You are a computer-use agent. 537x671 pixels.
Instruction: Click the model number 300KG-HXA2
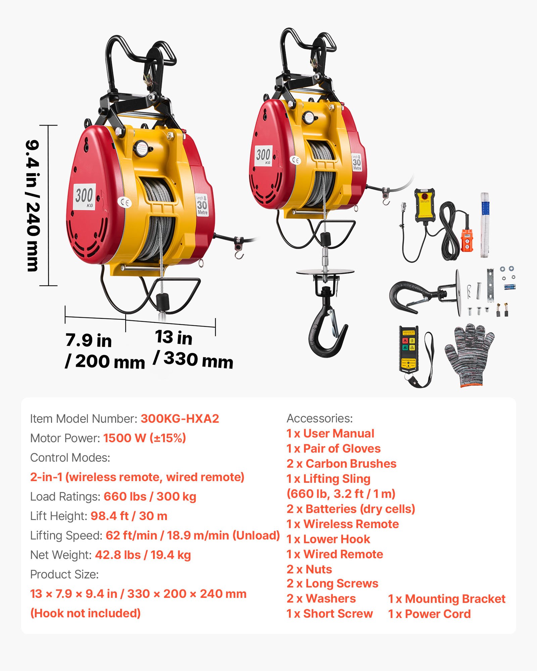pos(180,419)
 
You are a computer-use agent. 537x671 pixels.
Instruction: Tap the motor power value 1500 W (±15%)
pos(144,438)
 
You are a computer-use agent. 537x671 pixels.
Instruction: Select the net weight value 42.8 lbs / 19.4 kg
pos(143,555)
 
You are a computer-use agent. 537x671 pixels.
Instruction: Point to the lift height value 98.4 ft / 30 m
pos(129,516)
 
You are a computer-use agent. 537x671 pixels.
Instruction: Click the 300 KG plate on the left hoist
pos(85,197)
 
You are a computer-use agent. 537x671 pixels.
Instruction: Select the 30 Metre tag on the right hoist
pos(356,162)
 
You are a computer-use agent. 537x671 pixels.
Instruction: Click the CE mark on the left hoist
pos(125,202)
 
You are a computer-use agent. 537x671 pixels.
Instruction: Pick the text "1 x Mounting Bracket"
pos(446,599)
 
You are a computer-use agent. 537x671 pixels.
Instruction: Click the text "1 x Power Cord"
pos(429,614)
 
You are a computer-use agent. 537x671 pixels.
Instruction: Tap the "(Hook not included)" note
pos(85,613)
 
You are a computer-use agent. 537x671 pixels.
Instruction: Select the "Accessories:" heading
pos(320,418)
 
